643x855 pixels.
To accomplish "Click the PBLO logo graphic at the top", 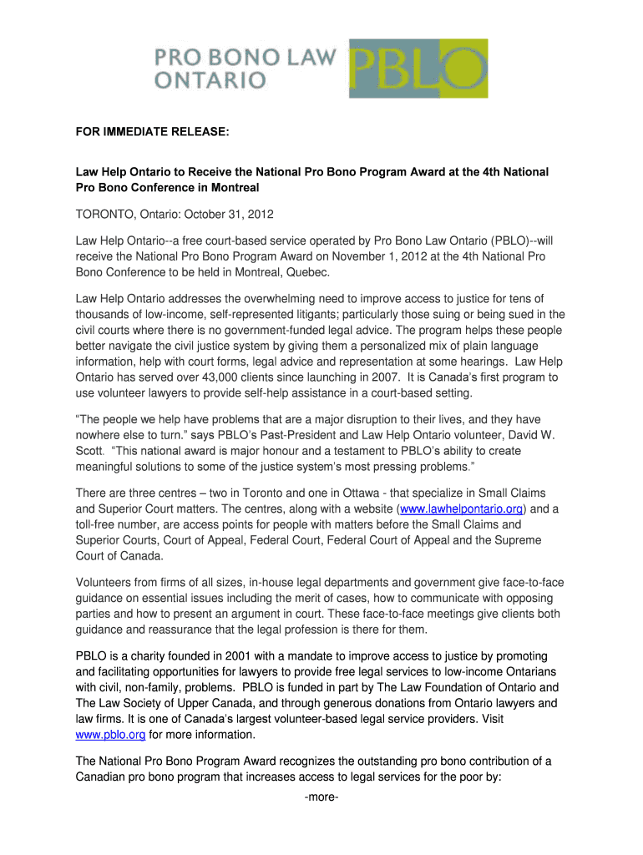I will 418,68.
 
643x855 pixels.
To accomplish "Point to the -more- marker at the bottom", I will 321,797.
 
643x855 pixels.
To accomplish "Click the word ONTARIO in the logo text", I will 210,81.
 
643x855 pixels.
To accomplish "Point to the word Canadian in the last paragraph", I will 105,777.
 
